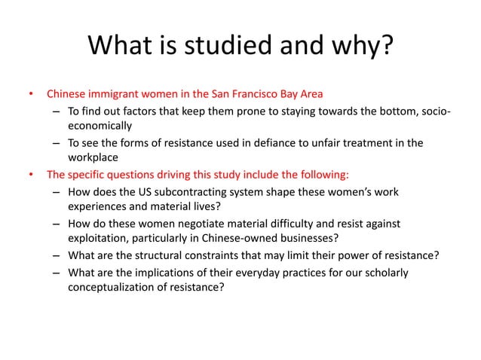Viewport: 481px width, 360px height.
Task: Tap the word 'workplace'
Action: [92, 158]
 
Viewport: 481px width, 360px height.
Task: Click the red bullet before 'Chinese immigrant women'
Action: [31, 95]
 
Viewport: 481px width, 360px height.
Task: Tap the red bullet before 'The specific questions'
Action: [31, 175]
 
